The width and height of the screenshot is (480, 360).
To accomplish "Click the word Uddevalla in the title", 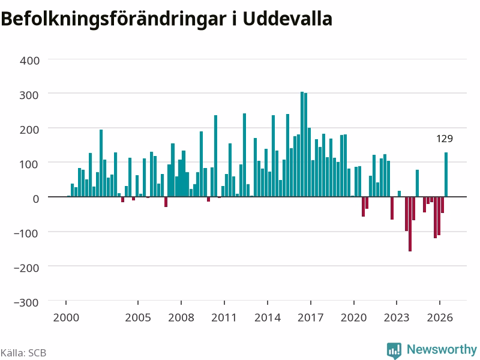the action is click(287, 19).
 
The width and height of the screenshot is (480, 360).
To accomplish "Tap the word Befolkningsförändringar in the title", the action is click(113, 20).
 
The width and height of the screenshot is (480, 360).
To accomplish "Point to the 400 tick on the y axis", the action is click(29, 61).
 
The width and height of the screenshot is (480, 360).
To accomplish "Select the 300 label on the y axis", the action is click(29, 95).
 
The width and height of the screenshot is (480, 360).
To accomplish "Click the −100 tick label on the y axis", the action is click(26, 233).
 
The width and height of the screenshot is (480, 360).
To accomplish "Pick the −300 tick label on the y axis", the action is click(26, 302).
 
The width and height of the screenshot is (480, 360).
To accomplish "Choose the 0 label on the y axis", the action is click(36, 199).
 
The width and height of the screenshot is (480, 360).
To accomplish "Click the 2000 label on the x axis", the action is click(66, 317).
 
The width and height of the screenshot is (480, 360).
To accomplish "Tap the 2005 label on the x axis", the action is click(138, 317).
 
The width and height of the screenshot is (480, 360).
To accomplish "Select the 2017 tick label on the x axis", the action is click(310, 317).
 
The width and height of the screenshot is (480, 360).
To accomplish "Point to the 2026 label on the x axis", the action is click(440, 317).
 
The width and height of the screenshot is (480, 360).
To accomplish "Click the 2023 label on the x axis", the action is click(397, 317).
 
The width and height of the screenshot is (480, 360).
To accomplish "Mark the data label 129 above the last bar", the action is click(445, 139).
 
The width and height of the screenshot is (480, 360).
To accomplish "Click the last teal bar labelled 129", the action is click(446, 175).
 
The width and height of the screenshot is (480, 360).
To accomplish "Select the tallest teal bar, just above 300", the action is click(302, 144).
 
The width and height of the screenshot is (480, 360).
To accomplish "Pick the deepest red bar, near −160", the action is click(410, 224).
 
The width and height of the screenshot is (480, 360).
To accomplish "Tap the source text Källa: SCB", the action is click(23, 353).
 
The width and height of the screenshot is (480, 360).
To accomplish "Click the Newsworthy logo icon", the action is click(394, 350).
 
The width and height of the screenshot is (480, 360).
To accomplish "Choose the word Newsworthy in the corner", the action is click(442, 349).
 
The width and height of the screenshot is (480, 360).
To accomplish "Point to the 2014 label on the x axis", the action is click(268, 317).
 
